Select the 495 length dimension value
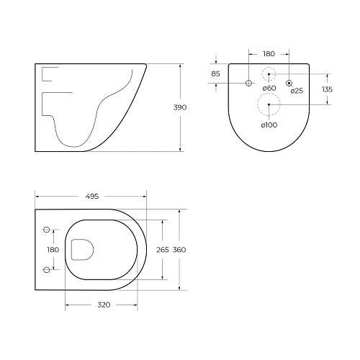(91, 196)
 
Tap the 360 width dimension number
(180, 249)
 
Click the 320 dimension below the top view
(104, 305)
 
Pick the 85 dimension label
(216, 73)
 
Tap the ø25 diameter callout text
(296, 91)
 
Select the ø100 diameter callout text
(269, 125)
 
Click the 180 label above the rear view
(268, 53)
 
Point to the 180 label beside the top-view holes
(53, 249)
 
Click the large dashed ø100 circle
(269, 105)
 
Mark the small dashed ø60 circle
(269, 73)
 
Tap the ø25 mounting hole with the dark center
(289, 84)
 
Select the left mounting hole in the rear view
(249, 84)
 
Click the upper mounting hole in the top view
(48, 230)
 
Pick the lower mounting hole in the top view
(48, 269)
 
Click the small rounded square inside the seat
(82, 249)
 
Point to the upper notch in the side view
(50, 74)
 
